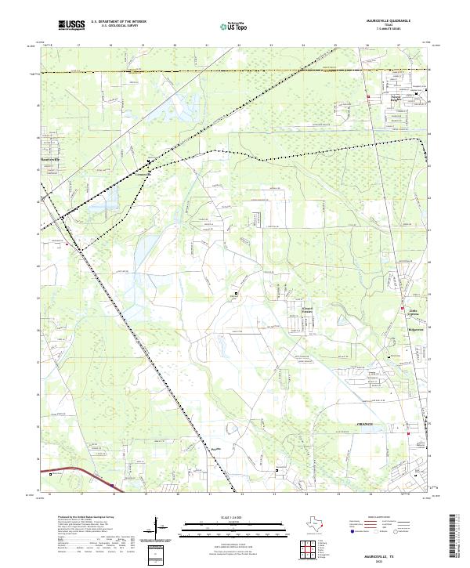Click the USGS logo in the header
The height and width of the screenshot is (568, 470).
[x=72, y=25]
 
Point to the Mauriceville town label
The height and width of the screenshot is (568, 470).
[x=49, y=160]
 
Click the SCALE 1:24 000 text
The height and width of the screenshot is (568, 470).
[x=234, y=516]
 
